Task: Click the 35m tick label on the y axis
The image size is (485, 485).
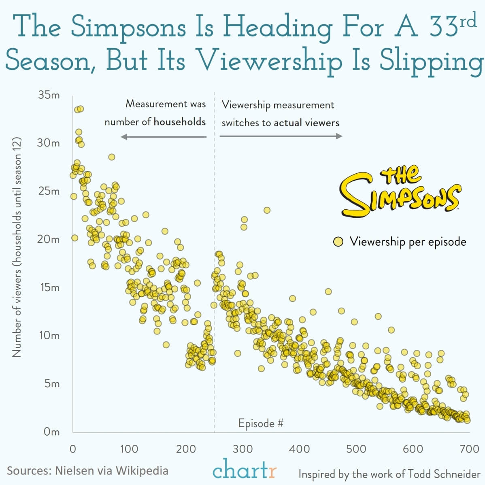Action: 49,95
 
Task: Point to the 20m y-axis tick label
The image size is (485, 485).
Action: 49,239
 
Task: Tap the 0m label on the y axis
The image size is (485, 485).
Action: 51,432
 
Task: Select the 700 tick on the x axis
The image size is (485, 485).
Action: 470,449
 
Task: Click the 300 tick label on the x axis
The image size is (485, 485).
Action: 243,449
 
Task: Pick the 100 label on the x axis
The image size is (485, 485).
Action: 129,449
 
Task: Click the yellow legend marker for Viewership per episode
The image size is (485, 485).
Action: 338,242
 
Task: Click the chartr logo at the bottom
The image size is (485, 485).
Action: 245,470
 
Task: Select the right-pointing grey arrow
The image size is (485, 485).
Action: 281,136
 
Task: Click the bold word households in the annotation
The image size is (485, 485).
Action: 180,121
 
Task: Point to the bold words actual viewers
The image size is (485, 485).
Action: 306,123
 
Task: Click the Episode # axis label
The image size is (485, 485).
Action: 261,423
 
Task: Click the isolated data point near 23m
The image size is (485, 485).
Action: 267,210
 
